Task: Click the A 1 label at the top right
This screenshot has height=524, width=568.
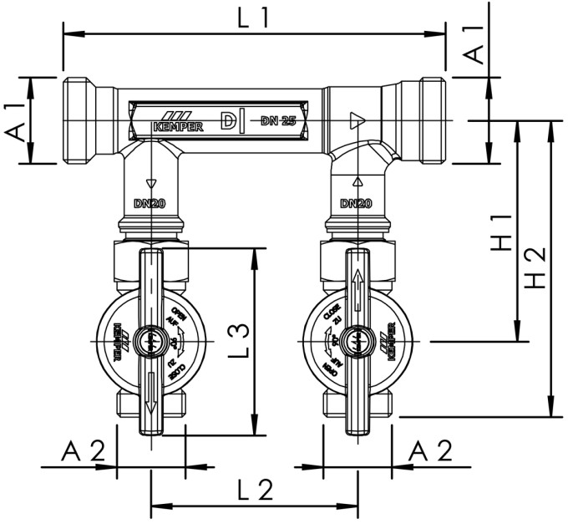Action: tap(474, 43)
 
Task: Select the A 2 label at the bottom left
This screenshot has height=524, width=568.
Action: tap(84, 450)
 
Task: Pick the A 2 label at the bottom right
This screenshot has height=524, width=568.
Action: tap(430, 450)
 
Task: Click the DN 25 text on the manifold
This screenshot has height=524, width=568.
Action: tap(278, 121)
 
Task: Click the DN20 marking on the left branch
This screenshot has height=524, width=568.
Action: tap(150, 202)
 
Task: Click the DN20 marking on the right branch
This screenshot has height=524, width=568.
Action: tap(357, 202)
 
